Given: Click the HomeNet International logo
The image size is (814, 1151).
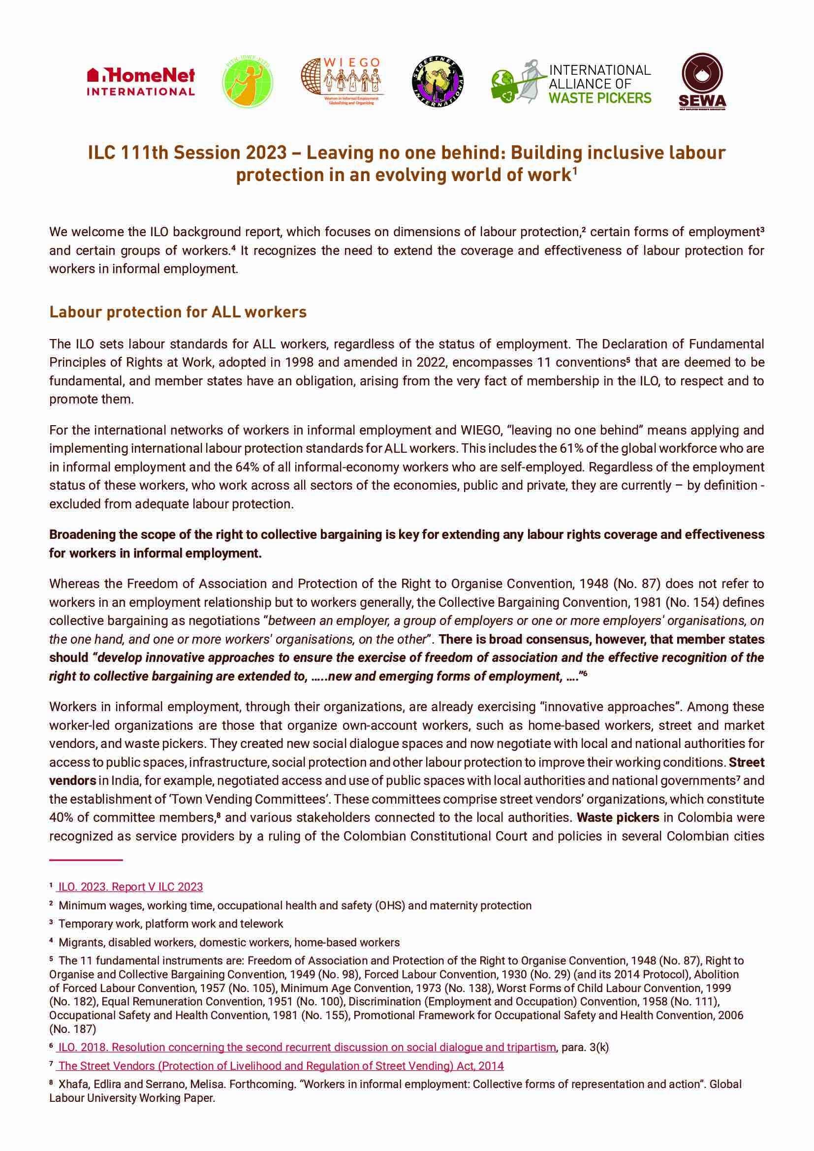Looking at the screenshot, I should pyautogui.click(x=141, y=83).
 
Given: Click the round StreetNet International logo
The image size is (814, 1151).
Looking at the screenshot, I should pyautogui.click(x=437, y=83).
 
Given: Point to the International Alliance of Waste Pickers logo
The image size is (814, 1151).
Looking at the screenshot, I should pyautogui.click(x=571, y=83).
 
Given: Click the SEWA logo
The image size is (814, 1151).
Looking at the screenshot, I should pyautogui.click(x=702, y=83).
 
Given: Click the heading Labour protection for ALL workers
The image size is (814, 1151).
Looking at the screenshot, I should pyautogui.click(x=178, y=312).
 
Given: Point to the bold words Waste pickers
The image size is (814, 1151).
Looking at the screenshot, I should pyautogui.click(x=618, y=818).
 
